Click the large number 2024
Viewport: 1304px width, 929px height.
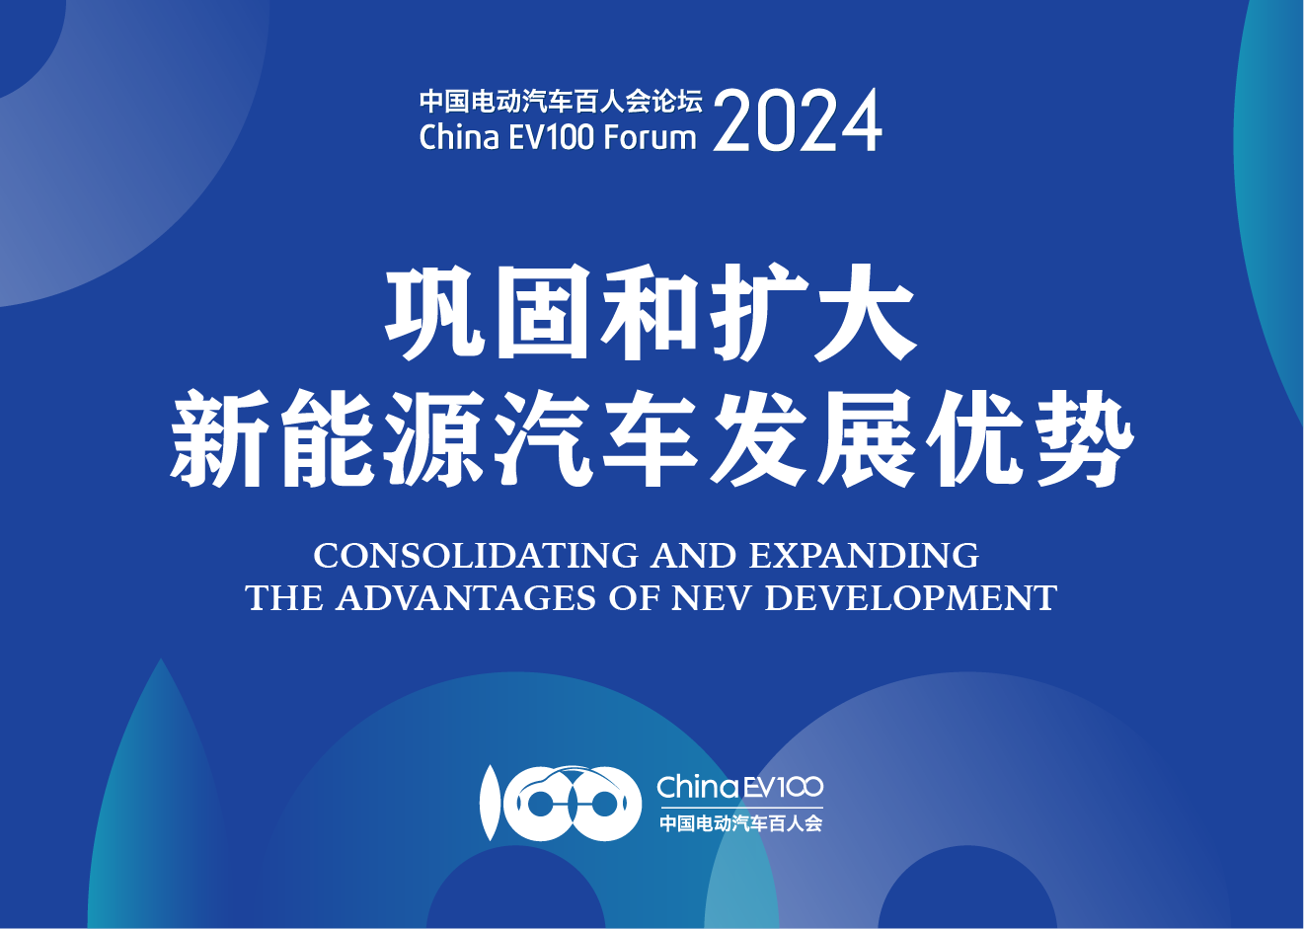tap(798, 120)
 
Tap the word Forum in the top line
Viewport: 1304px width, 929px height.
tap(650, 137)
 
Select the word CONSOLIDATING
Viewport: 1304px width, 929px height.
tap(476, 555)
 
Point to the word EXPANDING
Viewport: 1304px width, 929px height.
tap(864, 555)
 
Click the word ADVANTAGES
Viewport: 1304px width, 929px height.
tap(466, 598)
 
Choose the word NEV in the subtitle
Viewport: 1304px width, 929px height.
tap(709, 598)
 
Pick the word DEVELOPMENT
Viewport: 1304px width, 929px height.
tap(911, 598)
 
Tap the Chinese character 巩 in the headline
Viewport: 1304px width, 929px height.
tap(434, 313)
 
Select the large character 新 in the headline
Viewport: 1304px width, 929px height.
tap(219, 439)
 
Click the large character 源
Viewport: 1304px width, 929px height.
tap(434, 439)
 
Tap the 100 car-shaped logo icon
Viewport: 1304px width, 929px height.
tap(560, 804)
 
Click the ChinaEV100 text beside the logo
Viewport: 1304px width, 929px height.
tap(740, 787)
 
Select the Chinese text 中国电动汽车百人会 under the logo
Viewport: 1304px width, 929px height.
tap(740, 823)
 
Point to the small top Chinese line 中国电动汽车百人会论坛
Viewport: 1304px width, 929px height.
tap(561, 102)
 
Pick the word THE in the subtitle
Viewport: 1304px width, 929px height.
tap(284, 598)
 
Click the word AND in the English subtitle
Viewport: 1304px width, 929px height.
tap(694, 555)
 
